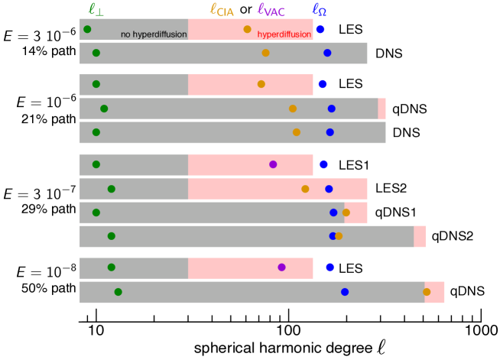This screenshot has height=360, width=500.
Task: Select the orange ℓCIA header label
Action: click(222, 10)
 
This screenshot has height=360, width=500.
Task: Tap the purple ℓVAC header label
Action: click(271, 10)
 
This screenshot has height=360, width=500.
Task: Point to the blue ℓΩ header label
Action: click(319, 10)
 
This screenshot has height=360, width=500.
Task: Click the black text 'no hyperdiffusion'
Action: click(154, 34)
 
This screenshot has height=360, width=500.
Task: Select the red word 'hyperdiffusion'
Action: click(284, 34)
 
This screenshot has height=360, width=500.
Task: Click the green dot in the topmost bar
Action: click(87, 29)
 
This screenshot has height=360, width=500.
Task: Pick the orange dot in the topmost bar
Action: click(247, 29)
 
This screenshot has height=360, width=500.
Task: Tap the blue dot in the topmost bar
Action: click(320, 29)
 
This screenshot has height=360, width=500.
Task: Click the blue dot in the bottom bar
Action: click(345, 292)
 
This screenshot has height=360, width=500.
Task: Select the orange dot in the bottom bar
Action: click(427, 292)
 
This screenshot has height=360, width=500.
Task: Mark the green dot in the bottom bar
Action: click(118, 292)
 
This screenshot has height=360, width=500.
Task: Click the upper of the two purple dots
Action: click(273, 164)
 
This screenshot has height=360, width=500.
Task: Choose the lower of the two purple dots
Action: click(281, 268)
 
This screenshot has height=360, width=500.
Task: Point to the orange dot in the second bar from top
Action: click(265, 53)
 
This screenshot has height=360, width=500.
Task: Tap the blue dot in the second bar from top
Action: click(327, 53)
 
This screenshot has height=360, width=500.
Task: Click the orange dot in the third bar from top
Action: click(261, 84)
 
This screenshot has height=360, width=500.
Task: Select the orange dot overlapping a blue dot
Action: click(339, 236)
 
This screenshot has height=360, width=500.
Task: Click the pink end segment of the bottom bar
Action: click(435, 292)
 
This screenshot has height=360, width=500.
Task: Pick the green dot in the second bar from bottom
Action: click(112, 268)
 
